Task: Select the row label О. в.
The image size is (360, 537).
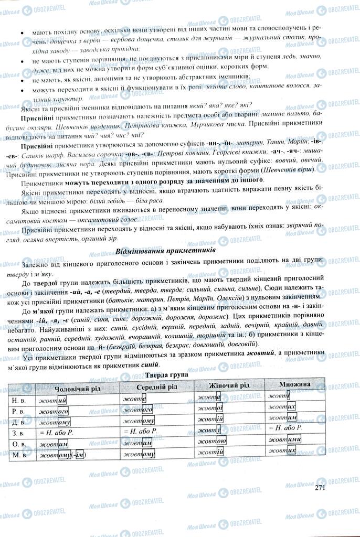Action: coord(20,444)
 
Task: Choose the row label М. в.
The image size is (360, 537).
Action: coord(20,455)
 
